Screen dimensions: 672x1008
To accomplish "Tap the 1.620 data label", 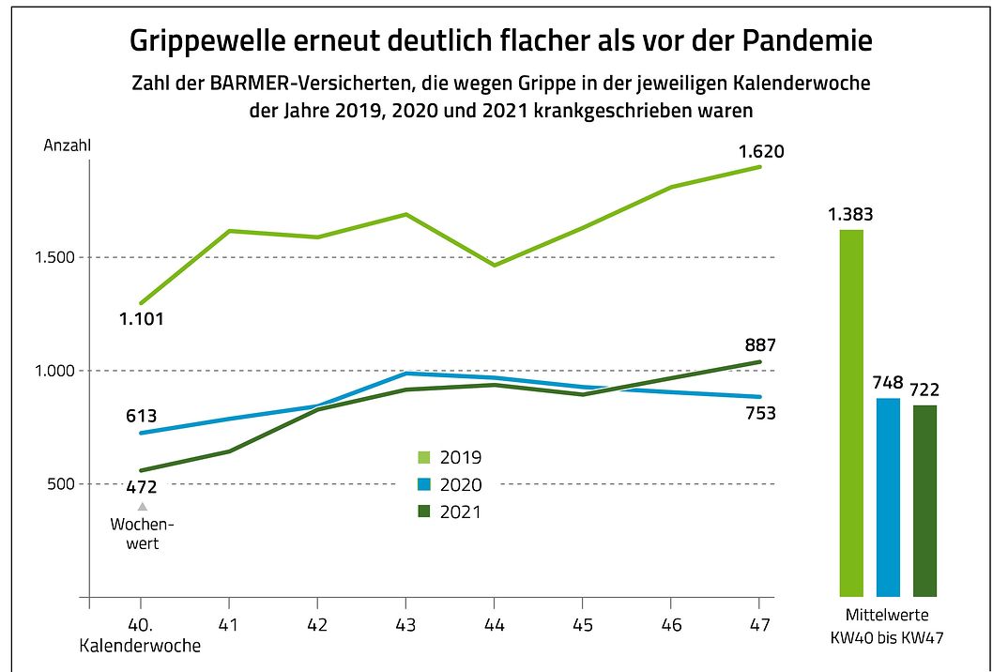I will [x=761, y=152].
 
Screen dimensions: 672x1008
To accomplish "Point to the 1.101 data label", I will [x=142, y=319].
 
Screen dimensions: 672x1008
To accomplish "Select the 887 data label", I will [x=760, y=344].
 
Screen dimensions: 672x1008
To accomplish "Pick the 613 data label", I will [x=141, y=417].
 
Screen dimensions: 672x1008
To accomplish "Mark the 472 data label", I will [x=141, y=486].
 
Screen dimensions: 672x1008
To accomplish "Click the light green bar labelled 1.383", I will [x=851, y=413].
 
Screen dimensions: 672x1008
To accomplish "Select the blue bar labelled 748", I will [x=888, y=497].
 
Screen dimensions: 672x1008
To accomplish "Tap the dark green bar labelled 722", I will [x=924, y=500].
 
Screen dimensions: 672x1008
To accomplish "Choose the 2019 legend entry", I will [x=450, y=458].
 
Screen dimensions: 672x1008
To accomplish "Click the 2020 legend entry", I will [x=450, y=485].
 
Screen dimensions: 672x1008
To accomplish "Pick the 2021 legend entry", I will [x=450, y=512].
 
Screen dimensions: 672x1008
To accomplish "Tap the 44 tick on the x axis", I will [x=495, y=623].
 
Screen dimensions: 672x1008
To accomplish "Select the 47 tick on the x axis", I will [x=760, y=623].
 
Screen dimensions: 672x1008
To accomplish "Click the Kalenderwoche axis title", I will [x=140, y=646].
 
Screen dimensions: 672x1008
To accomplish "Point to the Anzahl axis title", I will [x=68, y=146].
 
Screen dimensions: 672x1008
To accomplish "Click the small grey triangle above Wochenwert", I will [x=143, y=507].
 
